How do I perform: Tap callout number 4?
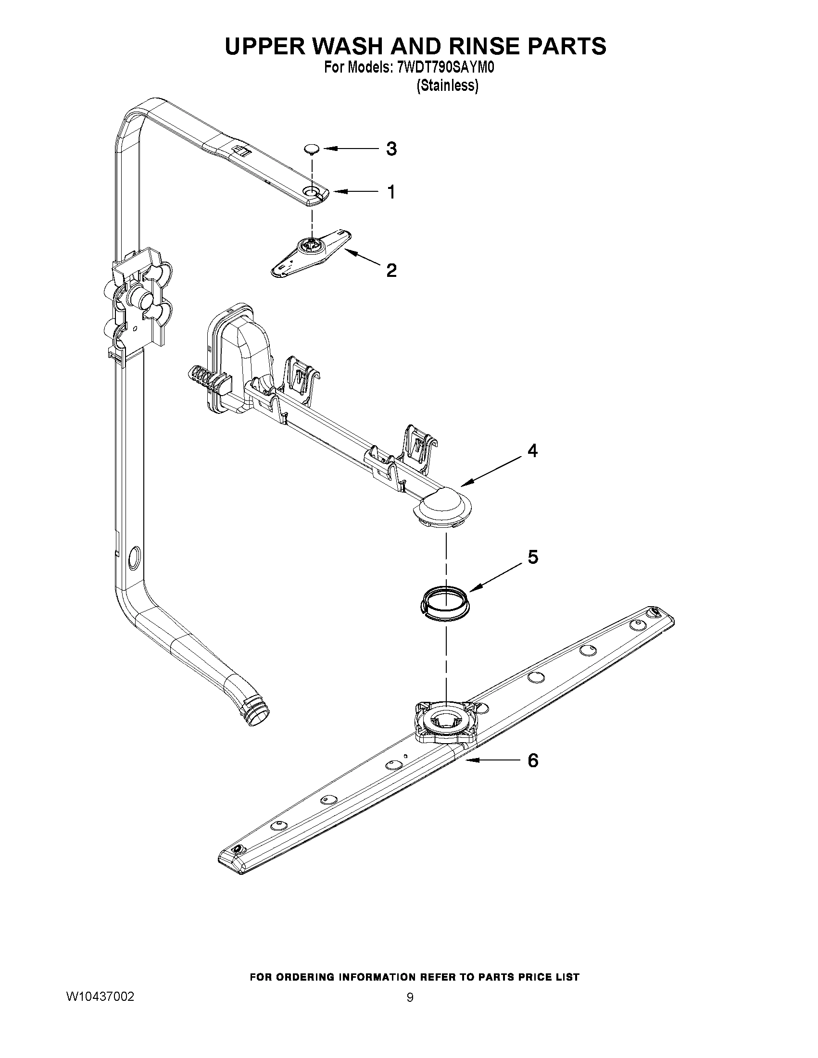(532, 451)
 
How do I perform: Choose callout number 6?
(532, 760)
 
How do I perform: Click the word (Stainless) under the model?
(447, 86)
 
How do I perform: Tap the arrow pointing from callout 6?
(490, 761)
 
